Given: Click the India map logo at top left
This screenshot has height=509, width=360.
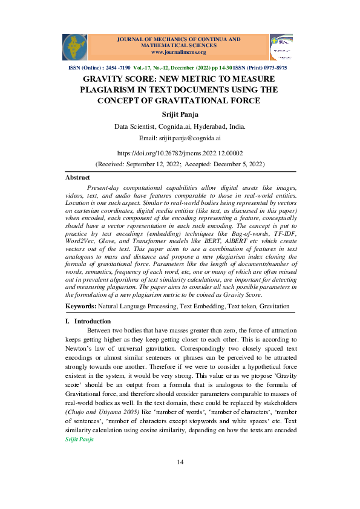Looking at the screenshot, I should pos(74,47).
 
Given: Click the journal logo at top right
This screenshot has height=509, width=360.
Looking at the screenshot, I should pos(281,47).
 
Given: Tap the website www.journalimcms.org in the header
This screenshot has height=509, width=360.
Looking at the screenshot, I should pos(174,52).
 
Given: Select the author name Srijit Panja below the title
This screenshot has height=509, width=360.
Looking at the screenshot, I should pos(180,114).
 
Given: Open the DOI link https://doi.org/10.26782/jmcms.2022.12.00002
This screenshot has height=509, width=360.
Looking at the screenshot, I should pos(180,154).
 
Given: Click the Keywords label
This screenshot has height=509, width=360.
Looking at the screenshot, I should pos(80,307).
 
